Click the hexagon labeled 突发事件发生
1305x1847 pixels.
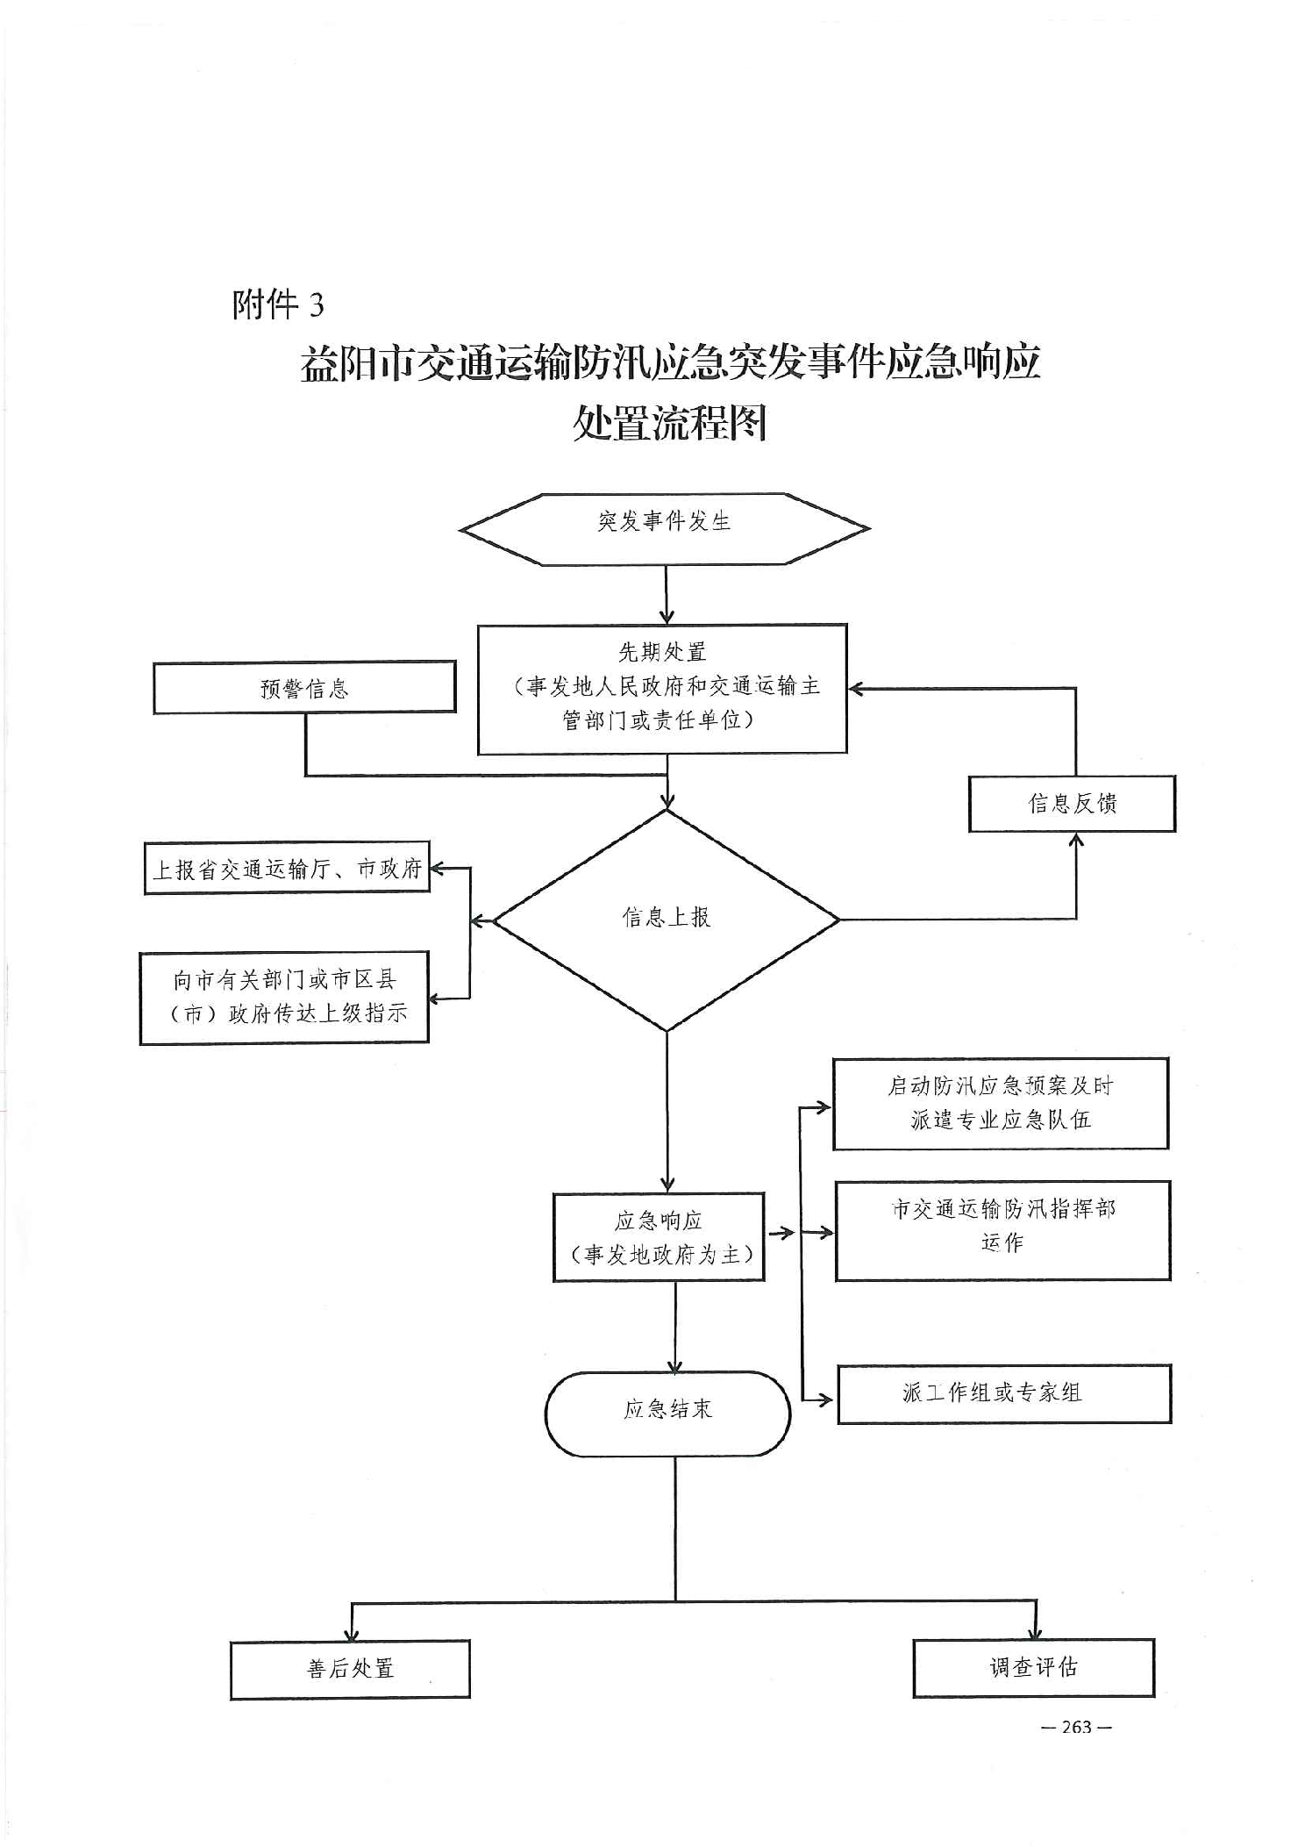click(x=664, y=528)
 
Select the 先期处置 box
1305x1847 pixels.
click(x=662, y=689)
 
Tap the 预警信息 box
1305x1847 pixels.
click(x=304, y=687)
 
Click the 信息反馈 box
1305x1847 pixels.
click(x=1072, y=804)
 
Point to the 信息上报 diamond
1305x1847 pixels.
click(x=667, y=919)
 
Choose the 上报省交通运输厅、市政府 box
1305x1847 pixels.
click(x=287, y=869)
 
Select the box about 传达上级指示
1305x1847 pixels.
click(x=284, y=998)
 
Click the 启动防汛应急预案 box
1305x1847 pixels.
click(x=1001, y=1103)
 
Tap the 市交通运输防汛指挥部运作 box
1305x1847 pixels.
click(x=1002, y=1230)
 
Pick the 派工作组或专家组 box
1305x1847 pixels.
click(x=1004, y=1393)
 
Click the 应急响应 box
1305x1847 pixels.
click(x=659, y=1237)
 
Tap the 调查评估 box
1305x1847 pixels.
click(x=1033, y=1667)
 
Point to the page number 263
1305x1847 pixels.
click(x=1076, y=1727)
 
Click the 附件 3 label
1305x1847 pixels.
click(x=278, y=305)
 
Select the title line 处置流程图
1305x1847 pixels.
click(x=669, y=423)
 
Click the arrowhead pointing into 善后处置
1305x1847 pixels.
click(x=352, y=1634)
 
